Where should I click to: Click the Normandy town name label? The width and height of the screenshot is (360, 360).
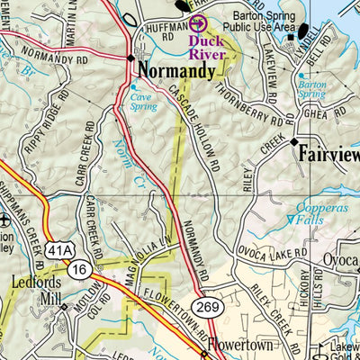click(x=176, y=69)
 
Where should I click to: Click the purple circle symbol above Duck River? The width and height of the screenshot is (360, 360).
click(x=198, y=24)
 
